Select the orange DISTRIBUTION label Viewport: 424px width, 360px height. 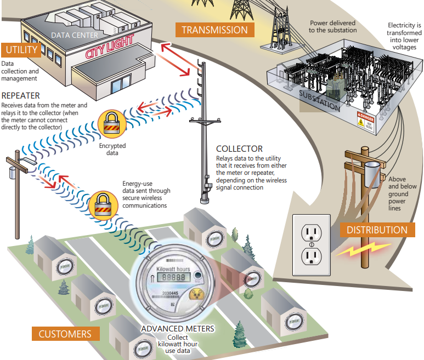(x=377, y=230)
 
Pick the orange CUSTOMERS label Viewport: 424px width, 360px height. (x=65, y=333)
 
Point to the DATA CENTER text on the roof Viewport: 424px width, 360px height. (x=75, y=36)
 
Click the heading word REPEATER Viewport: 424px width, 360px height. (x=20, y=96)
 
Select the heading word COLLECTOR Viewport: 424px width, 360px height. (x=239, y=148)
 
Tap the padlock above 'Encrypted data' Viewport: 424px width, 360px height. (x=112, y=123)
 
